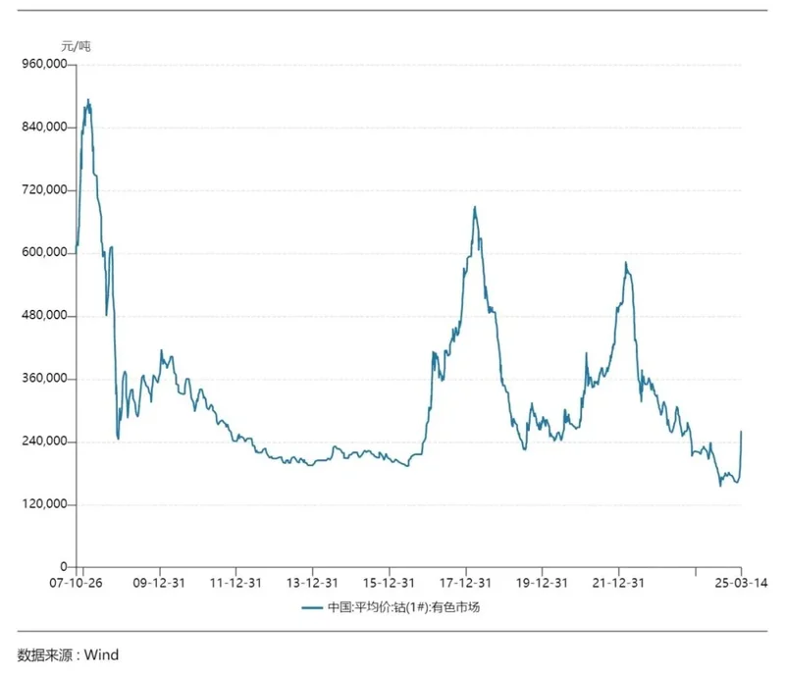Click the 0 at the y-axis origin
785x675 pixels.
(65, 567)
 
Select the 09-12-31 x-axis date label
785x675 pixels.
(160, 582)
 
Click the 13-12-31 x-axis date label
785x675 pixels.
(313, 582)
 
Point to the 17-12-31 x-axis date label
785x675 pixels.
(466, 582)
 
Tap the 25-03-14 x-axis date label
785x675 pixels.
(741, 582)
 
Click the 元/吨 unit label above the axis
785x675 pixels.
(76, 46)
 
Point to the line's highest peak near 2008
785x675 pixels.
(88, 99)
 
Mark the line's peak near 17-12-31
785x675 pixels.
(475, 207)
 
